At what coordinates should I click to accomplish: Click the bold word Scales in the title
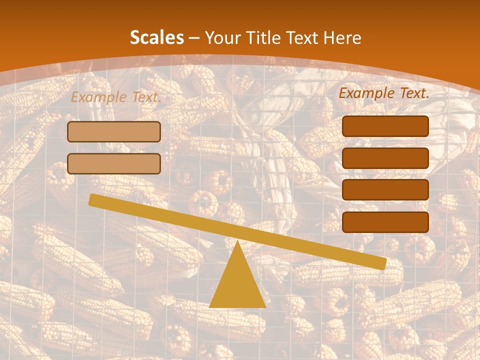coord(156,37)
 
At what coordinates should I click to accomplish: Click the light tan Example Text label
coord(115,97)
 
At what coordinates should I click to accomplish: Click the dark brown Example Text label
coord(384,93)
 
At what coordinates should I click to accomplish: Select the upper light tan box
coord(114,132)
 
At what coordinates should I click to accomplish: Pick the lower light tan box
coord(114,163)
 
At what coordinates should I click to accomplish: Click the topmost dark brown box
coord(385,126)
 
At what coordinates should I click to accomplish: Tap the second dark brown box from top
coord(385,158)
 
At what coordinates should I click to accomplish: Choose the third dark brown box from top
coord(385,190)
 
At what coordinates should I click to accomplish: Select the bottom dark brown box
coord(385,222)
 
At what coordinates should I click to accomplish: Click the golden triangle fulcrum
coord(237,285)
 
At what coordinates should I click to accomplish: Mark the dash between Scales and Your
coord(194,38)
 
